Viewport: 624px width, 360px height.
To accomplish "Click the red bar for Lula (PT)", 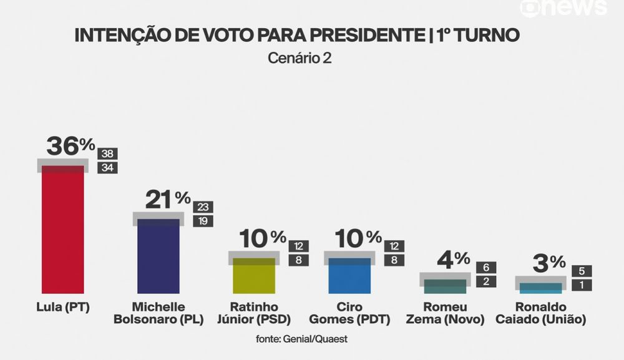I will point(62,231).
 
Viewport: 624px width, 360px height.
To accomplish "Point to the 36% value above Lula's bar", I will point(71,147).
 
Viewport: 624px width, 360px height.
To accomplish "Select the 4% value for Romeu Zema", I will point(453,259).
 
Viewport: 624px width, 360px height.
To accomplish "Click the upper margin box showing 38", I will point(108,153).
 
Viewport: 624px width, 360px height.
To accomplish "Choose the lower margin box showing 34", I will point(108,167).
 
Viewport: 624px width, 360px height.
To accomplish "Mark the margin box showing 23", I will point(203,207).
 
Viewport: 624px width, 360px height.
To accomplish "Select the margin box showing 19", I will point(203,221).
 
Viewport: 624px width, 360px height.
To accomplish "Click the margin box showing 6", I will point(486,268).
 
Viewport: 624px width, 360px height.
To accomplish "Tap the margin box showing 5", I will point(582,271).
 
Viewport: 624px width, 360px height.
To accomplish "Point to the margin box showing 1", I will point(582,285).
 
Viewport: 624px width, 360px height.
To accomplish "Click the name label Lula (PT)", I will point(62,307).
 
